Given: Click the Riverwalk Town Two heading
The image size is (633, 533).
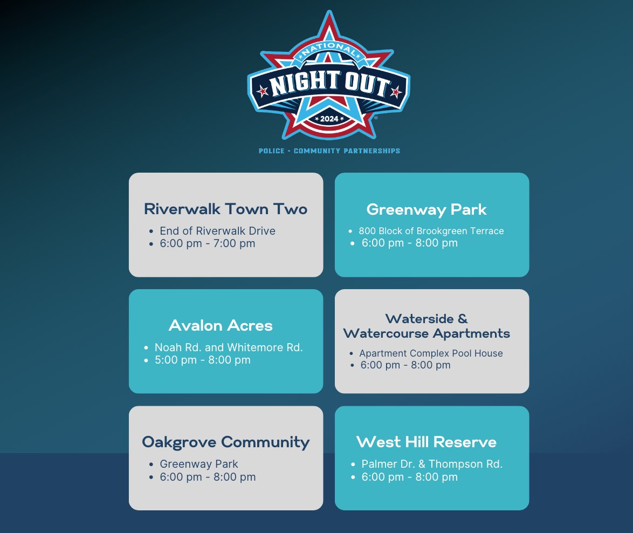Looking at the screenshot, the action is (226, 209).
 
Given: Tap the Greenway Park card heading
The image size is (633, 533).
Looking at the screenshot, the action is (426, 209).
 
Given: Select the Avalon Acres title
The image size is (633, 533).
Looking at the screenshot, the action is (221, 325).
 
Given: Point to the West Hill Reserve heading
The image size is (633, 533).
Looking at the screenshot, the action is (426, 442).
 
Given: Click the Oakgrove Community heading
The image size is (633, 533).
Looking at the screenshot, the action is (226, 442).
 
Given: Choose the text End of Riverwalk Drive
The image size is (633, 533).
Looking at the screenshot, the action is (218, 231).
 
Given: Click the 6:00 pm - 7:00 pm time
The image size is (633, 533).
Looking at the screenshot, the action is (208, 243).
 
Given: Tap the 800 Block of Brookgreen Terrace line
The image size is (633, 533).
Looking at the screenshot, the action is (431, 231).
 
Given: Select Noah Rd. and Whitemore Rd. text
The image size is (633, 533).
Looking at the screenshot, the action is (229, 347).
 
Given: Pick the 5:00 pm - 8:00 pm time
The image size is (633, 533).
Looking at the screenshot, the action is (203, 360).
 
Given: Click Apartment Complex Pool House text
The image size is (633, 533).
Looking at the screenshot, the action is (431, 353).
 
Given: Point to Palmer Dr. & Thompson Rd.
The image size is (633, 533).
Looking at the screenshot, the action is (432, 464).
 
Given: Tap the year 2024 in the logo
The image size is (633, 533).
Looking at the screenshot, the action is (329, 119).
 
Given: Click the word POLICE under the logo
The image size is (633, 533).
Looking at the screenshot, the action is (272, 151).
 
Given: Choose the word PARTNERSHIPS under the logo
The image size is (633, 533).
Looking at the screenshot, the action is (372, 151).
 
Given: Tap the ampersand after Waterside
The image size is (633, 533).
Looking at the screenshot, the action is (463, 319).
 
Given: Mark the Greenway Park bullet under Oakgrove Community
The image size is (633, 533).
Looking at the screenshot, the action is (198, 464).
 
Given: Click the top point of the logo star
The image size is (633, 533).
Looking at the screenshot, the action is (329, 10).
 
